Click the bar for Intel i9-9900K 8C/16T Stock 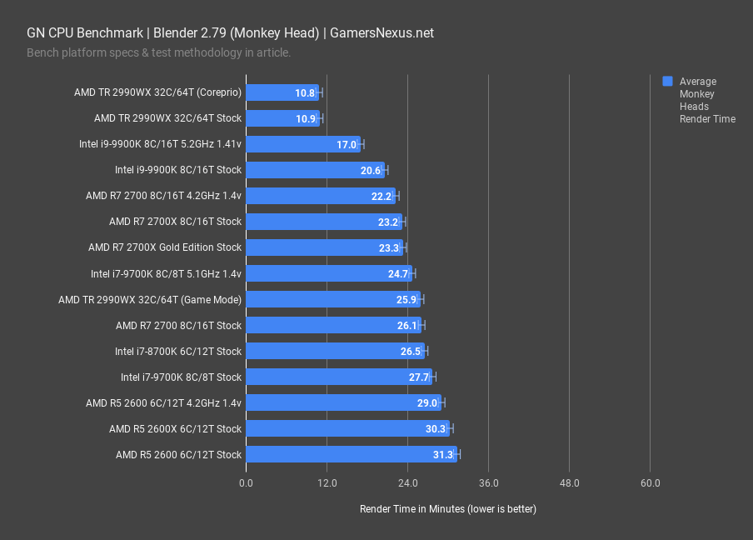[315, 170]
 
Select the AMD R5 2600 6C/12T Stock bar [351, 454]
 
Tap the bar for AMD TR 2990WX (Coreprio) [282, 92]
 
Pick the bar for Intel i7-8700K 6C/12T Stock [335, 351]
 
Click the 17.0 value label [347, 144]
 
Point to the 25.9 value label [406, 299]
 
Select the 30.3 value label [436, 428]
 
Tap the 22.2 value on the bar [381, 196]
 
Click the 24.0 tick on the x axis [407, 483]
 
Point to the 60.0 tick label [651, 483]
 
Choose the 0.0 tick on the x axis [247, 483]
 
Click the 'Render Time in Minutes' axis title [447, 508]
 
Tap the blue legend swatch [667, 82]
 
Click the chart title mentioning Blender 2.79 [230, 33]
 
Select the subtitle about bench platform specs [158, 52]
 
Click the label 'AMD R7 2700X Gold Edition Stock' [165, 247]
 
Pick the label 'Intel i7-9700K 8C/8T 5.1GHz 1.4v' [166, 273]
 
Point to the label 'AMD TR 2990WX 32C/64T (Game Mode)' [150, 299]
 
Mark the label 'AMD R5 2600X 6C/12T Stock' [175, 428]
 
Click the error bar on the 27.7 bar [433, 377]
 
